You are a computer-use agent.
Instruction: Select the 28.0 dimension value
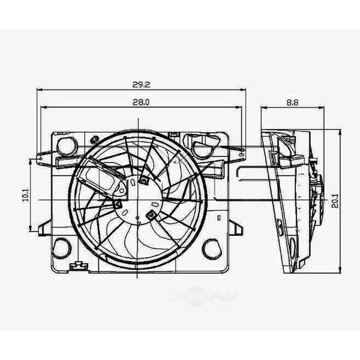click(141, 102)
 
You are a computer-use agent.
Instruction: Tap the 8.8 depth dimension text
click(292, 102)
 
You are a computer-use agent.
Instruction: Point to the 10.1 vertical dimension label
click(25, 194)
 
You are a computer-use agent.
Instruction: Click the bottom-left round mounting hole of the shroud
click(62, 247)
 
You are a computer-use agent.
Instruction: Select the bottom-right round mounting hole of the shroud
click(211, 247)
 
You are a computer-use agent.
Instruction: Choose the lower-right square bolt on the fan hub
click(151, 214)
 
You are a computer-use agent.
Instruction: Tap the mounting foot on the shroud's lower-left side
click(44, 227)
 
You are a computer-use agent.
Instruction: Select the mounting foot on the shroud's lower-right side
click(236, 227)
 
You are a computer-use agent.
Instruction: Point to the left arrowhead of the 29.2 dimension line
click(39, 89)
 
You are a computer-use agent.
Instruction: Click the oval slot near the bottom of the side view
click(292, 246)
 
